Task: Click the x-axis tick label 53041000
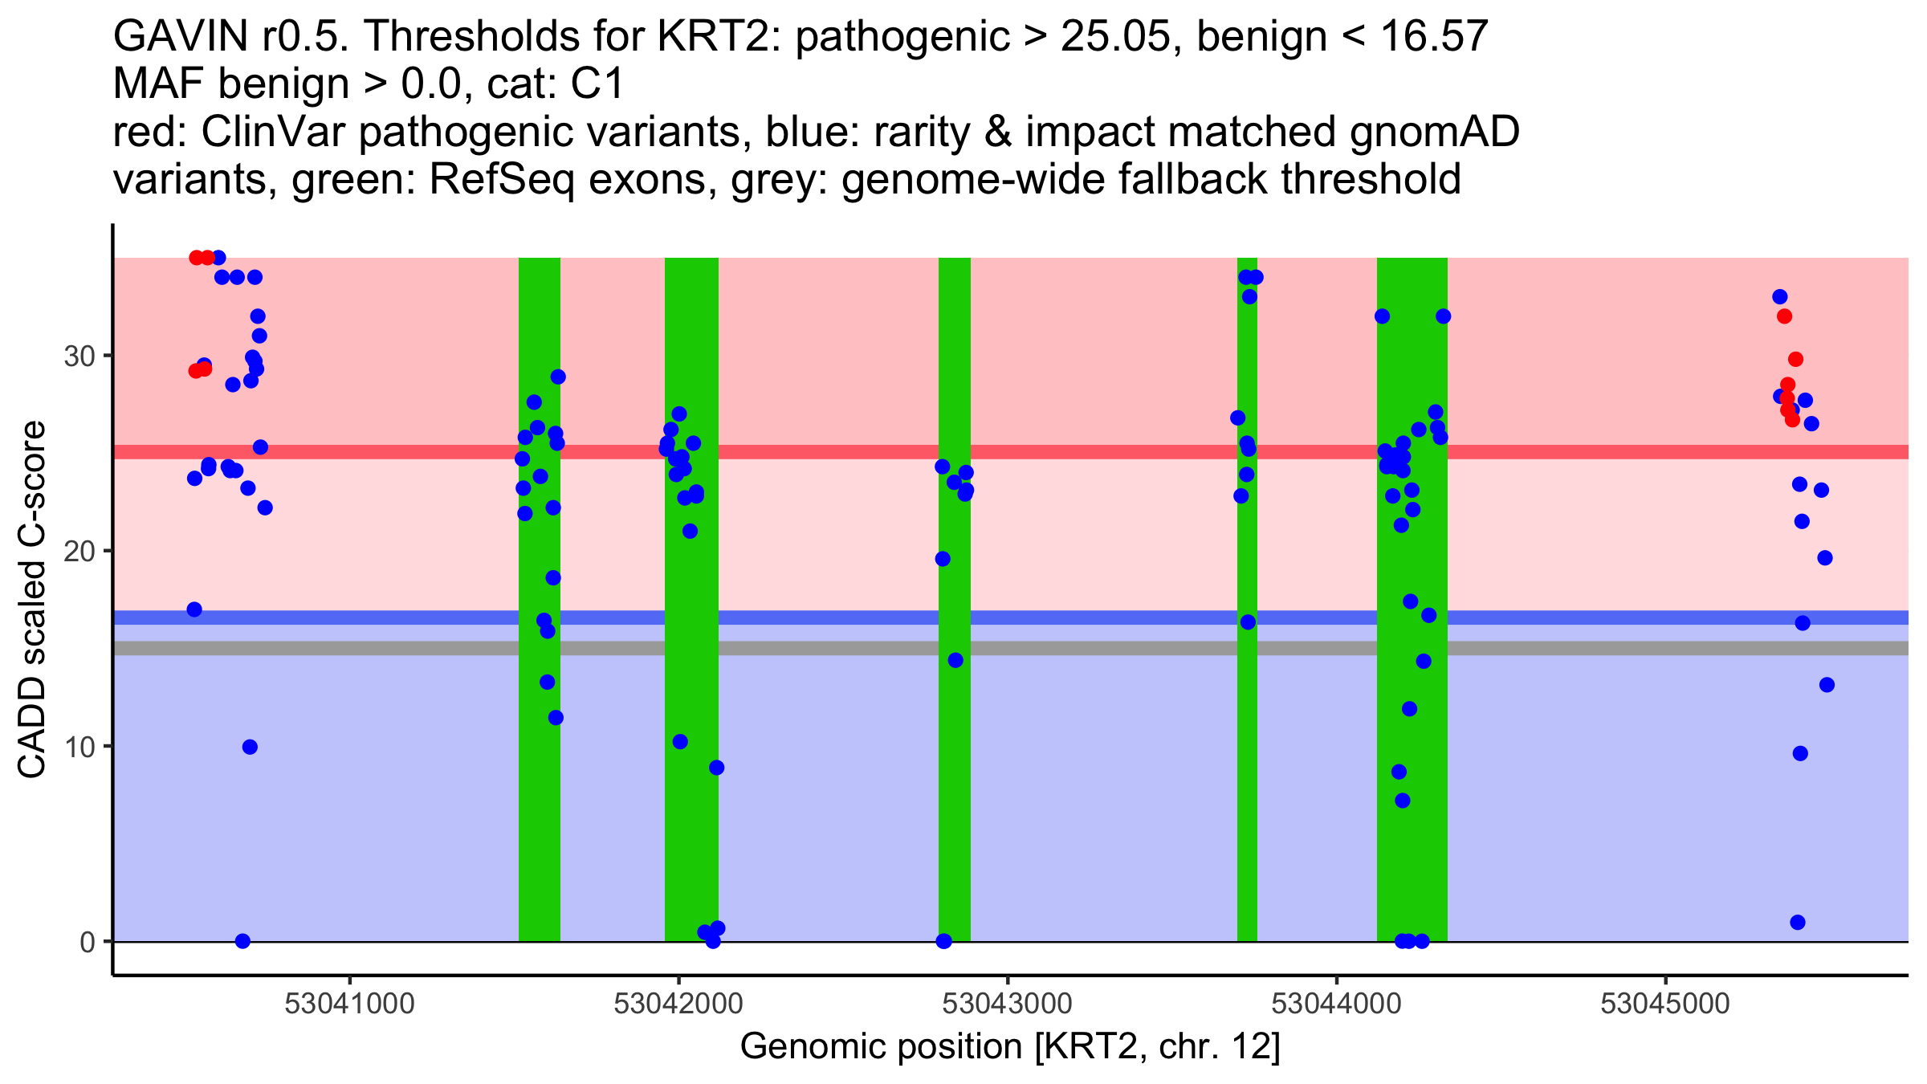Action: tap(349, 1004)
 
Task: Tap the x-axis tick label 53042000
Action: tap(678, 1004)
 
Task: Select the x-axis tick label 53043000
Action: tap(1007, 1004)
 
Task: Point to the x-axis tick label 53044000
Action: tap(1336, 1004)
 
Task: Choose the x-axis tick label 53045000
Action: tap(1664, 1004)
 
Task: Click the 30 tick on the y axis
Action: tap(79, 356)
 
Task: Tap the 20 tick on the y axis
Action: tap(79, 551)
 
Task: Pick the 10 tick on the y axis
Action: tap(79, 747)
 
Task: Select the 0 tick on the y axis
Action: tap(88, 942)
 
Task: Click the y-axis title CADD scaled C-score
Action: tap(32, 600)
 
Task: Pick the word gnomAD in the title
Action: tap(1434, 132)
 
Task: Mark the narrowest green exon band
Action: tap(1247, 599)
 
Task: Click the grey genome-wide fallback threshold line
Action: tap(803, 648)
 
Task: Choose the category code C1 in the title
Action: tap(597, 84)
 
